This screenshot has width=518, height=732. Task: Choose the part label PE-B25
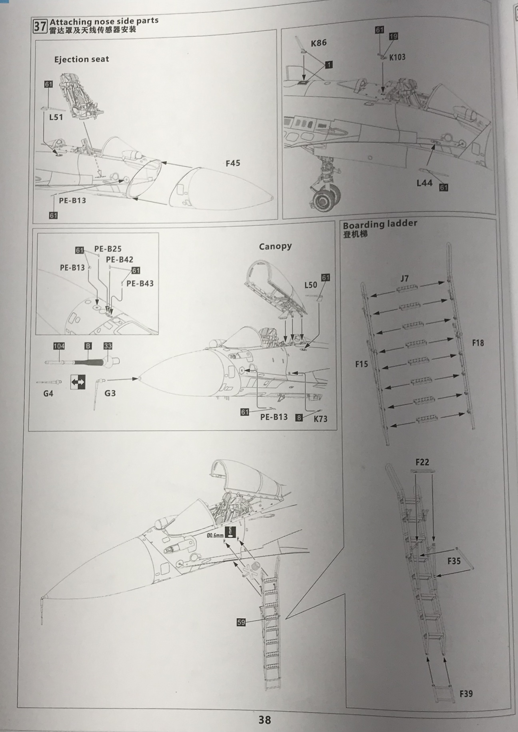[108, 249]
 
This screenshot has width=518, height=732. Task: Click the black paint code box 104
[59, 346]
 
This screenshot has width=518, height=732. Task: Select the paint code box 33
[108, 346]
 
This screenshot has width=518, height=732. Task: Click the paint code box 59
[241, 622]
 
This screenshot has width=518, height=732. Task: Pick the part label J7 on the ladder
[404, 278]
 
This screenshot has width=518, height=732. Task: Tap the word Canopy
[275, 247]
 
